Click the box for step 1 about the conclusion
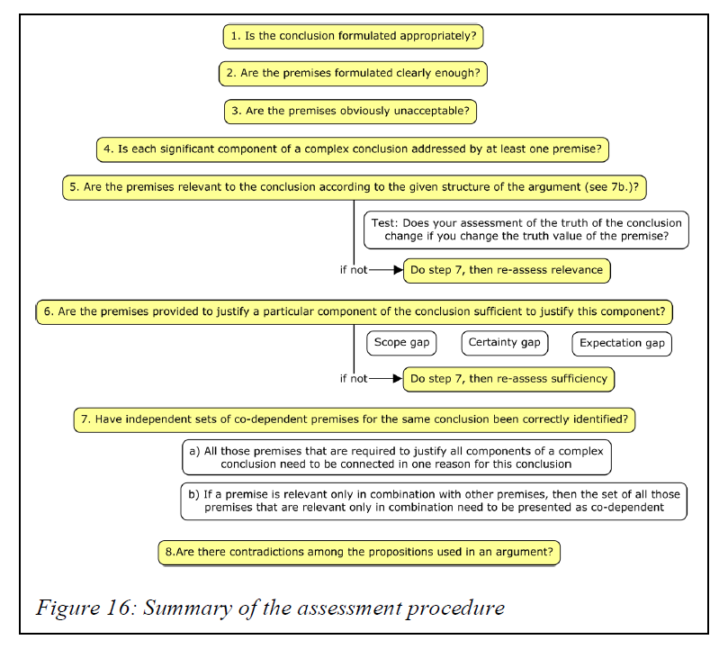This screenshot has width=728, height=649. coord(354,37)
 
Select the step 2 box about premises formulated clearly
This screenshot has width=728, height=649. coord(353,74)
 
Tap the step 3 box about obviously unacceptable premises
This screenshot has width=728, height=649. coord(349,111)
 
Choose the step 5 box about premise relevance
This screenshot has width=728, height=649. coord(356,186)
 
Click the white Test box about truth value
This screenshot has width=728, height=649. coord(526,230)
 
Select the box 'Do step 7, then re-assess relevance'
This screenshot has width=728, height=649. coord(508,270)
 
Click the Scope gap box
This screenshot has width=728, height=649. coord(401,343)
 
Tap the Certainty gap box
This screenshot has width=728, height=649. coord(505,343)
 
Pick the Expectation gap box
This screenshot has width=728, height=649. coord(622,343)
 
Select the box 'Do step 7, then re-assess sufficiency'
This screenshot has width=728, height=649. coord(508,379)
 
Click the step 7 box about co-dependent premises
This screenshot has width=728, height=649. coord(355,419)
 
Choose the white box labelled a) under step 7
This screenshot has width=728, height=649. coord(396,456)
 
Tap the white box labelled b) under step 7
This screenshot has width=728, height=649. coord(434,501)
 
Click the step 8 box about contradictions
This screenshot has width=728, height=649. coord(359,552)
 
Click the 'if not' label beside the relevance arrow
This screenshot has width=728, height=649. coord(353,270)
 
